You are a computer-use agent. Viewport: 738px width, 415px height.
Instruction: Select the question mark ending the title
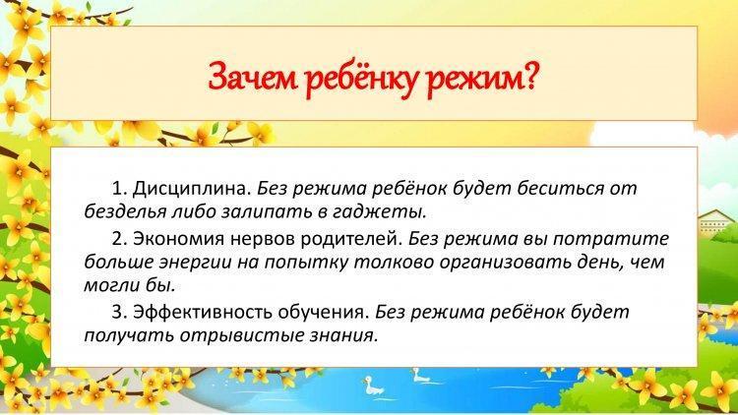pos(528,76)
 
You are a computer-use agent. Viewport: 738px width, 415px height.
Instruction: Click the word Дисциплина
pos(192,189)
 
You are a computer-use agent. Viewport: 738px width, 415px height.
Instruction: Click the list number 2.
pos(119,239)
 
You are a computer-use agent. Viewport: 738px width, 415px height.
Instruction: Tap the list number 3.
pos(119,313)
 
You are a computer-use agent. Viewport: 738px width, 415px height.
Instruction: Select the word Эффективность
pos(203,313)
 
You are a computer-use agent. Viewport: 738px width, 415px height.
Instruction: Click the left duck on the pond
pos(373,386)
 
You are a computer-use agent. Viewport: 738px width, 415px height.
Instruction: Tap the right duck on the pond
pos(420,375)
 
